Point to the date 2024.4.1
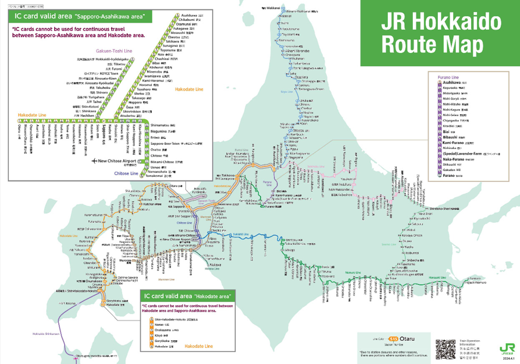(x=507, y=359)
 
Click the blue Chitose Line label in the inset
(x=126, y=173)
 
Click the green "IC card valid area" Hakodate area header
(x=188, y=296)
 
